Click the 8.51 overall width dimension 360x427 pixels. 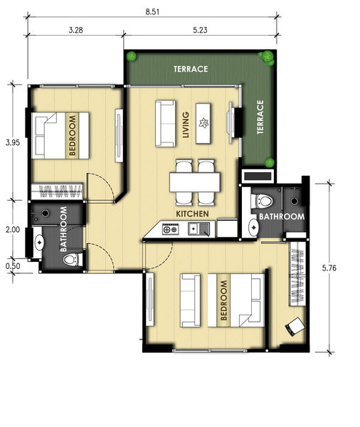click(152, 12)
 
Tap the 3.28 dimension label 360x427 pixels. click(75, 30)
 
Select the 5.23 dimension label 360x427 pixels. click(200, 30)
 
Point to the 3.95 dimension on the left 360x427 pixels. click(13, 142)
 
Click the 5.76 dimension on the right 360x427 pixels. click(329, 268)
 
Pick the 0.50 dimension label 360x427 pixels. click(13, 266)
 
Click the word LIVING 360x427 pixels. click(186, 125)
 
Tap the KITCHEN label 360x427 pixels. click(192, 213)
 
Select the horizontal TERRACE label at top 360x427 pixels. click(191, 69)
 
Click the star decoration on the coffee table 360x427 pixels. click(203, 123)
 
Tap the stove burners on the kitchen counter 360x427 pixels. click(171, 228)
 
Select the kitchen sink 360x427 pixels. click(199, 228)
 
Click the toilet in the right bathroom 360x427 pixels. click(262, 201)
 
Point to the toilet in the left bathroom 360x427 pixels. click(73, 260)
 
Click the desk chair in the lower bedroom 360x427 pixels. click(295, 326)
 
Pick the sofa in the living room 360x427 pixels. click(165, 124)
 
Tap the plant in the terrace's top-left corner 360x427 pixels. click(132, 56)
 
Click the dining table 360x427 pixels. click(195, 182)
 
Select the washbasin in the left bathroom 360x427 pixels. click(38, 242)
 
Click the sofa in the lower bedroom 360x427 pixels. click(190, 300)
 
